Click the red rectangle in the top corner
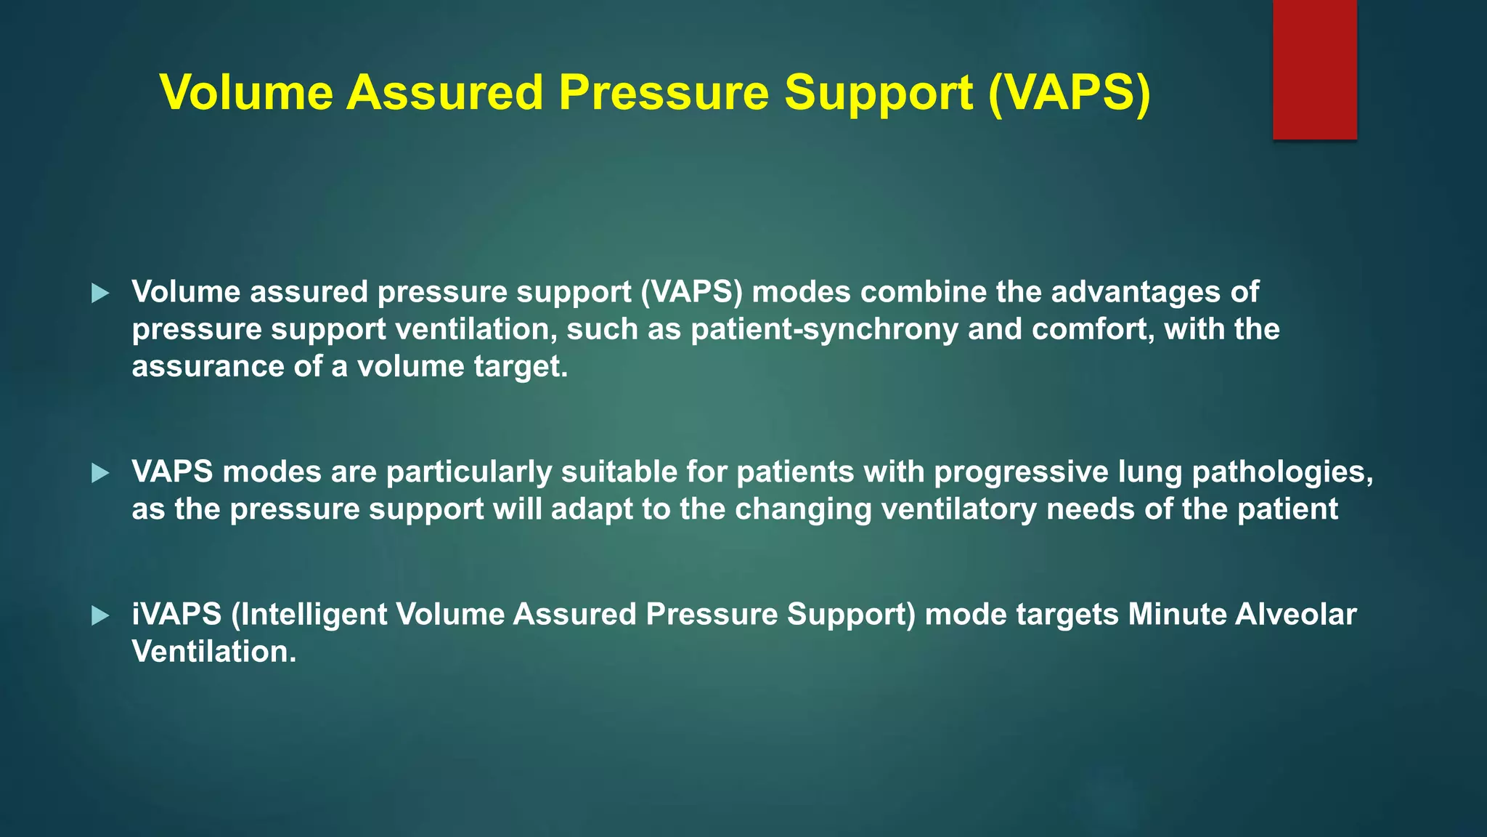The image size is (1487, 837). click(x=1314, y=69)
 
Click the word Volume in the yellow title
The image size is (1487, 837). click(x=246, y=93)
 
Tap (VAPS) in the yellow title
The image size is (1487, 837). click(x=1069, y=93)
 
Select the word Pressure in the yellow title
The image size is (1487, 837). click(x=663, y=93)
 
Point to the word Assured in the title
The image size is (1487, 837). click(x=444, y=93)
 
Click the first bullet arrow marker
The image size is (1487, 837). click(x=100, y=294)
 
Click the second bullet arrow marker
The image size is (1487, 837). click(x=100, y=474)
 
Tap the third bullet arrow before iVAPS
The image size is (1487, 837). click(x=100, y=616)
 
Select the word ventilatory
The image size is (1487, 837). click(x=958, y=509)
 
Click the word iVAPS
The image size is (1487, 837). click(x=176, y=615)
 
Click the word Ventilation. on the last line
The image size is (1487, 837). click(x=214, y=652)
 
